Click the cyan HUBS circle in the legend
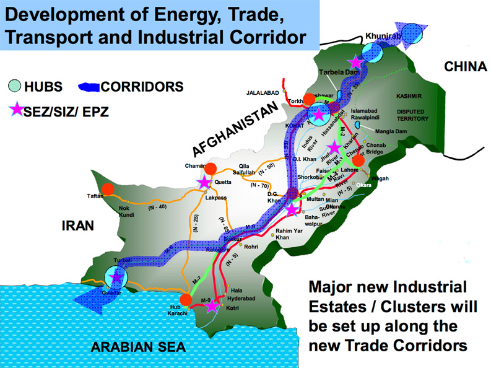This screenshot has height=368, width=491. [x=14, y=86]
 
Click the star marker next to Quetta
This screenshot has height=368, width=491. [x=204, y=182]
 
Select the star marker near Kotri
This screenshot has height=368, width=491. [x=212, y=306]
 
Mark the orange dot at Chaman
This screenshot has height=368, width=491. [x=210, y=169]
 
